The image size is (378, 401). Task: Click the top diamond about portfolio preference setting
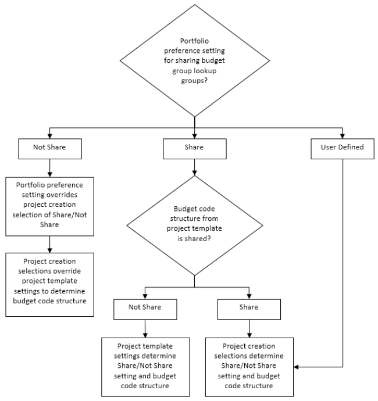point(194,60)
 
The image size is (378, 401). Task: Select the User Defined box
point(343,149)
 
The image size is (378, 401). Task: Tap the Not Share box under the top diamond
point(50,149)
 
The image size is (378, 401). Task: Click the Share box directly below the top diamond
point(194,149)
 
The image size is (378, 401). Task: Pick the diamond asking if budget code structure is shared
point(194,225)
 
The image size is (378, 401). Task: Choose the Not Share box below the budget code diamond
point(145,309)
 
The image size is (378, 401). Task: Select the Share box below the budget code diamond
point(249,309)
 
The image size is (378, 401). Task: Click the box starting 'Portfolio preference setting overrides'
point(49,206)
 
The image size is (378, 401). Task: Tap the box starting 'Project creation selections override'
point(49,285)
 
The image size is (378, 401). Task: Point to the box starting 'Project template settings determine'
point(145,367)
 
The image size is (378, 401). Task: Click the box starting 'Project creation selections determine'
point(249,367)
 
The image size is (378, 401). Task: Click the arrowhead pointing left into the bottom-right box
point(296,367)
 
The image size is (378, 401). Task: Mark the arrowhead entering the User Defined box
point(343,136)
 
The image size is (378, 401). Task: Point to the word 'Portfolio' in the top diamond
point(194,41)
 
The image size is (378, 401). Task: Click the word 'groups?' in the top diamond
point(194,81)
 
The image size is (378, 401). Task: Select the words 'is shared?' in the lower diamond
point(194,239)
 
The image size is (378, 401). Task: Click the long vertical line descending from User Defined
point(343,263)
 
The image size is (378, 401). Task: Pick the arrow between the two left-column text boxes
point(49,244)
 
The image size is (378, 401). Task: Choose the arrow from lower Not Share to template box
point(145,328)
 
